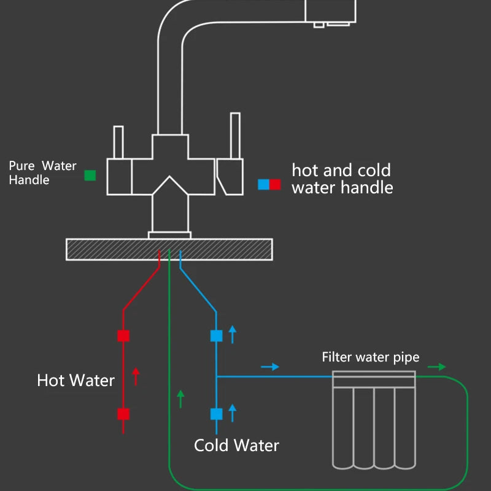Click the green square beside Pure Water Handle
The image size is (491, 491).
pos(90,176)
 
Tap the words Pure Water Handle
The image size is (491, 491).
pos(42,173)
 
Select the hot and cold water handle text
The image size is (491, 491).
pos(342,179)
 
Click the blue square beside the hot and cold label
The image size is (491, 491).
pos(263,184)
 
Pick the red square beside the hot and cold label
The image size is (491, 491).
pos(275,184)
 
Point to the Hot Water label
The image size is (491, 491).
pos(75,381)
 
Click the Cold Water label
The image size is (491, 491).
pos(236,446)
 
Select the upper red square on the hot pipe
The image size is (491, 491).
pos(123,336)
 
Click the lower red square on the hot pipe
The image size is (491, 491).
pos(123,414)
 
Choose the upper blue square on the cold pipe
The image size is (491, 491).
pos(216,336)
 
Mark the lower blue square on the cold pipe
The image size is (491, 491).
pos(216,414)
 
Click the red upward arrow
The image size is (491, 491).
pos(136,376)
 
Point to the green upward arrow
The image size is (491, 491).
pos(180,398)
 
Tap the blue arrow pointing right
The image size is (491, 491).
pos(270,366)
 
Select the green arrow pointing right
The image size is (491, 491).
pos(437,367)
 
